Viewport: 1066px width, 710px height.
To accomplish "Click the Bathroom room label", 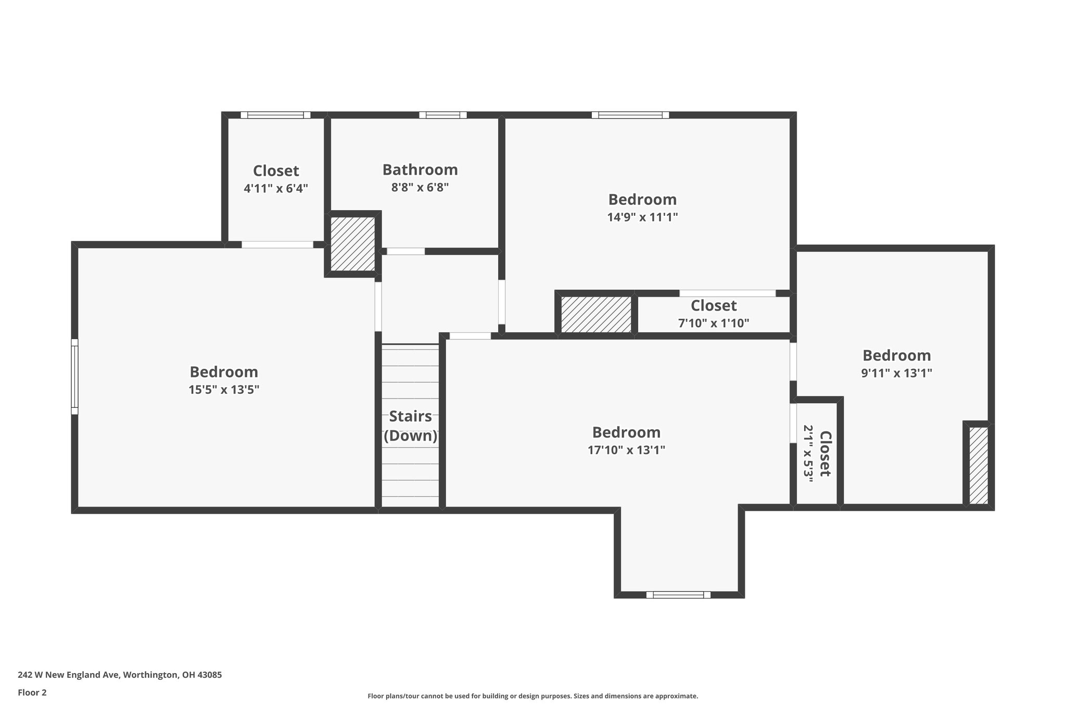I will point(420,170).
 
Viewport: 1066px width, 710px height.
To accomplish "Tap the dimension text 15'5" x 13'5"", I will point(224,390).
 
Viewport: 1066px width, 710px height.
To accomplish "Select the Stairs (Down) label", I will point(411,426).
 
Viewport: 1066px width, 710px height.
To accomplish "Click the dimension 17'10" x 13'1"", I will point(626,450).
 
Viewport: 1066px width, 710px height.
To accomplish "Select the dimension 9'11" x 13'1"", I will point(896,373).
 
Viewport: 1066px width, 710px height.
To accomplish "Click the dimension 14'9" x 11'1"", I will point(642,217).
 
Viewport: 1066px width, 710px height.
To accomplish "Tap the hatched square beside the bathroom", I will point(353,243).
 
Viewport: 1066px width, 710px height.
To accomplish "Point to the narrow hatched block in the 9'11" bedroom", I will point(979,464).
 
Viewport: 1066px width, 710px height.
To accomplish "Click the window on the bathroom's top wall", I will point(442,115).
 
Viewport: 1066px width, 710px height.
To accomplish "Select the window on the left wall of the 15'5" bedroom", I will point(74,377).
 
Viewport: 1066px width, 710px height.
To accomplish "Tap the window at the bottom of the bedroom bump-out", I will point(678,595).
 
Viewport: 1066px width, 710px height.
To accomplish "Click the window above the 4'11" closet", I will point(275,115).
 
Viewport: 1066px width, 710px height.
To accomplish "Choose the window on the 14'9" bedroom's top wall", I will point(630,115).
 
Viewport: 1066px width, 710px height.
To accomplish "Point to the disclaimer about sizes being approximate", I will point(532,696).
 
